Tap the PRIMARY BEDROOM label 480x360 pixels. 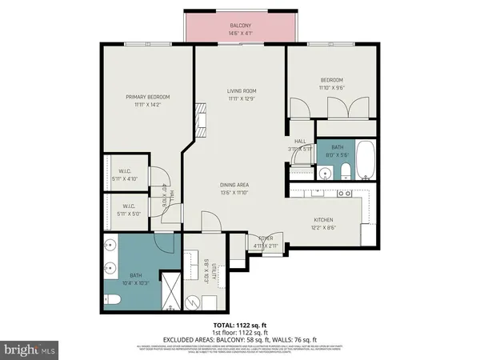click(x=147, y=97)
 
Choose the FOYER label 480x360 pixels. click(x=264, y=238)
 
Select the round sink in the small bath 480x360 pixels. click(x=326, y=173)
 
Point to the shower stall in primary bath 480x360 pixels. click(x=170, y=290)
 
